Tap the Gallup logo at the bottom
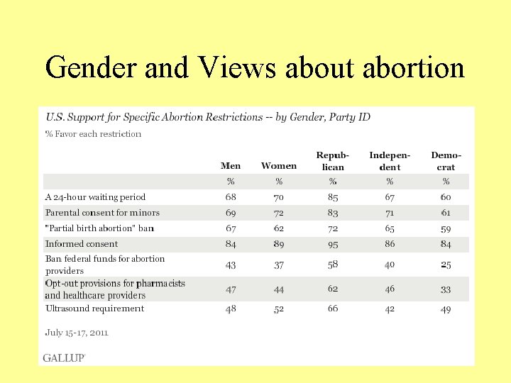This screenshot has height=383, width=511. tap(64, 357)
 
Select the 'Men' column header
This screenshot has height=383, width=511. tap(231, 166)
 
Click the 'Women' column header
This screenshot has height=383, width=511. tap(279, 166)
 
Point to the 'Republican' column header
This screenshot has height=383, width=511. tap(333, 161)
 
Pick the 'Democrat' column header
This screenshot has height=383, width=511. tap(446, 161)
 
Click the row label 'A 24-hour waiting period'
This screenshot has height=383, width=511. tap(95, 197)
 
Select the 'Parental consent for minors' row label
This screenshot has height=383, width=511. tap(102, 213)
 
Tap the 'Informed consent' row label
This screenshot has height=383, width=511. tap(82, 244)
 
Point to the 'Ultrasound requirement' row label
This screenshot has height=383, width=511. tap(94, 309)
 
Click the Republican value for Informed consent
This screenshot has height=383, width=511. tap(333, 244)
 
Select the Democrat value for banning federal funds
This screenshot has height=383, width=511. tap(446, 265)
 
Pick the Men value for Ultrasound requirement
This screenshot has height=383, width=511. tap(231, 309)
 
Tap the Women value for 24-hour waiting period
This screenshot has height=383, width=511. tap(279, 197)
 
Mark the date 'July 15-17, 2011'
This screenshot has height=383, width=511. tap(77, 332)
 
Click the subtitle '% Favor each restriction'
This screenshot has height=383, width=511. tap(93, 134)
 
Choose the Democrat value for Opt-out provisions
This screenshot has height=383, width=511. tap(446, 289)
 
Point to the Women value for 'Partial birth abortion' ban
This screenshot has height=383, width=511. tap(279, 228)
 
